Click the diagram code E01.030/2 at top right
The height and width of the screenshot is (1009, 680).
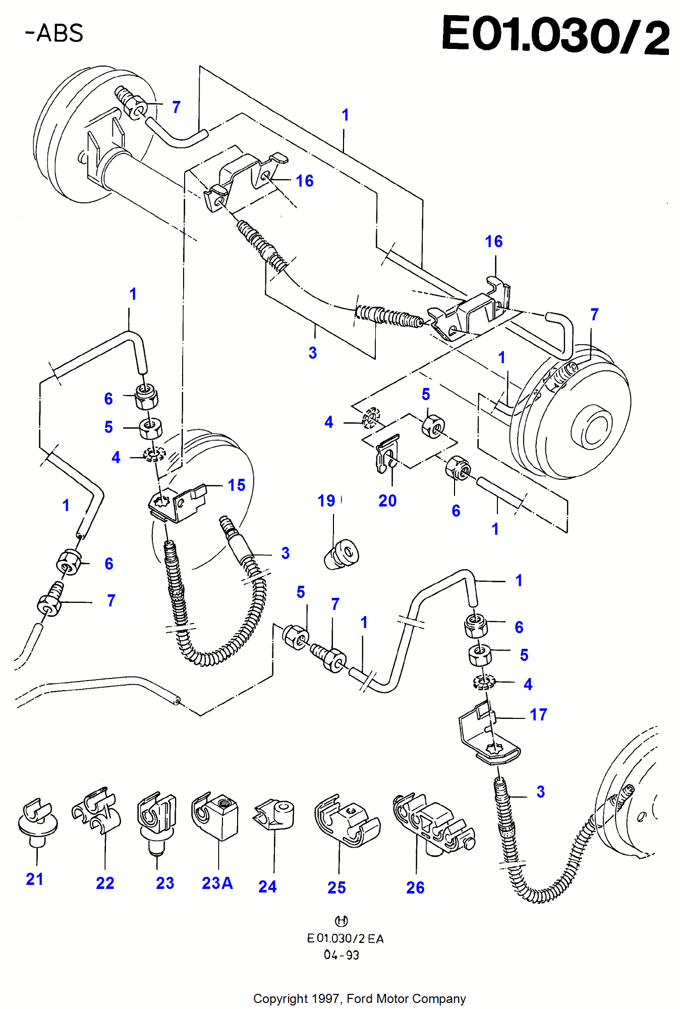[x=555, y=34]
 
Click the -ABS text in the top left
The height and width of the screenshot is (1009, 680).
[x=54, y=33]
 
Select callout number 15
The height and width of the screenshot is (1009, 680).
[x=236, y=485]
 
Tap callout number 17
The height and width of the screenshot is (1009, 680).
[x=538, y=715]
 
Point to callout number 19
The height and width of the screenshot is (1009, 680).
[x=326, y=501]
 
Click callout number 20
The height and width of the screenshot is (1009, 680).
[x=387, y=501]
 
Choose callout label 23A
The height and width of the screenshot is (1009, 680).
[x=217, y=883]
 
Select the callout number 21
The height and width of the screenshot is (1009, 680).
[x=35, y=879]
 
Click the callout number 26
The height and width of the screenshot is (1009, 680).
[x=415, y=888]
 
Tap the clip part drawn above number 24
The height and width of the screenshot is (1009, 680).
[x=274, y=814]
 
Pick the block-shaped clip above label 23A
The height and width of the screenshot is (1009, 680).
[x=215, y=815]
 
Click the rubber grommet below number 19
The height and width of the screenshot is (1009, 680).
[x=342, y=554]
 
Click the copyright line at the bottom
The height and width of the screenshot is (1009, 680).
[x=359, y=999]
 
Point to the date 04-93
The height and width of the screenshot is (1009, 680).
[x=341, y=955]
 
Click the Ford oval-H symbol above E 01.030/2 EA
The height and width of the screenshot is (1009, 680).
[x=342, y=921]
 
